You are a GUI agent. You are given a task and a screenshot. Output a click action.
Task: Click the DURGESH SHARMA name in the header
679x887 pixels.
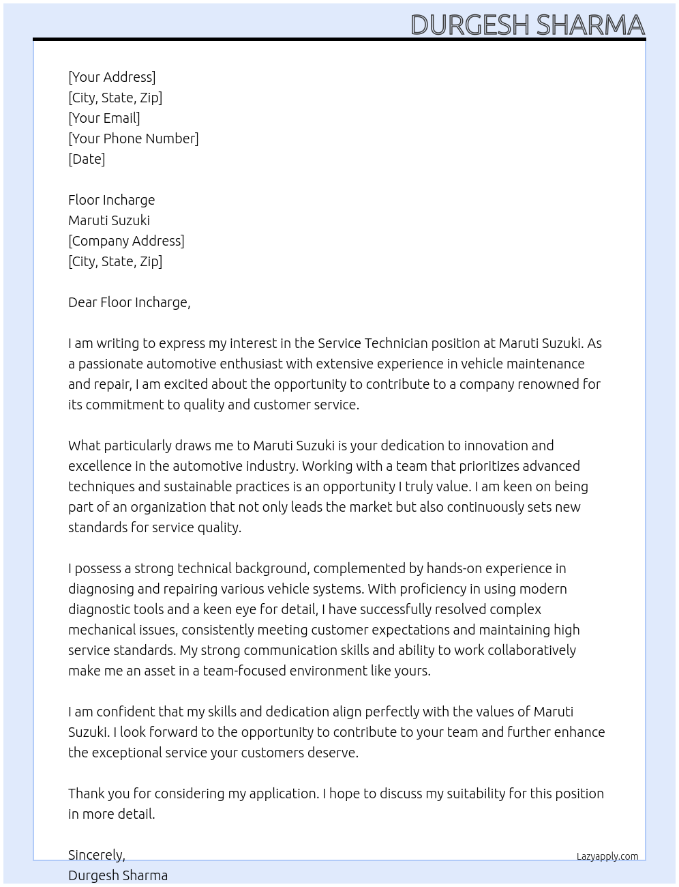(527, 25)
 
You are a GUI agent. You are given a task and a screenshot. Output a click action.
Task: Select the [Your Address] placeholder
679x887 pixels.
(112, 77)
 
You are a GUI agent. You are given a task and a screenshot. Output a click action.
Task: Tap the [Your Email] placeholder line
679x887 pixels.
(104, 118)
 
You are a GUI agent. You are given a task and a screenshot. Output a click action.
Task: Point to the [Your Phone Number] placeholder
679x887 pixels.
(134, 139)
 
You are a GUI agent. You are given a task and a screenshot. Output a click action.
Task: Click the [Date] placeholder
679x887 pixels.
(87, 159)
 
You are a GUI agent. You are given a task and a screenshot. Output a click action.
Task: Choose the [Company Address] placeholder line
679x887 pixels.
(126, 241)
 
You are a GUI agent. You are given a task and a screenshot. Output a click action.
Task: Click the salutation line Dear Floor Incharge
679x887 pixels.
(129, 302)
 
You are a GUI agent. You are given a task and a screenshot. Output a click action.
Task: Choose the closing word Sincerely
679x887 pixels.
(96, 855)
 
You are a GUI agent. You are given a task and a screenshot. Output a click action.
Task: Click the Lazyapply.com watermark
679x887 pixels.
(607, 856)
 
